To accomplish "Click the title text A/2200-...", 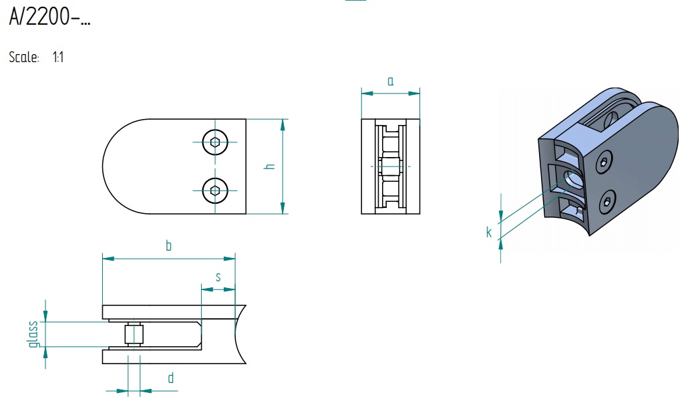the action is tap(49, 17).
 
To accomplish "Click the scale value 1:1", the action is tap(58, 57).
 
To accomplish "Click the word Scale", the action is tap(24, 57).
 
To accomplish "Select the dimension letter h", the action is tap(269, 166).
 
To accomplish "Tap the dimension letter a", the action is tap(390, 81).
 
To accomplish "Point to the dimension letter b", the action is tap(168, 245).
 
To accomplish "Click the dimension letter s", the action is tap(218, 277).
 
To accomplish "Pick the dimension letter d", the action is tap(170, 378).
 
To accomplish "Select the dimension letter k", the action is tap(489, 232).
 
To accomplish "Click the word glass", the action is tap(33, 334).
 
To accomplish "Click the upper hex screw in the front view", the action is tap(215, 142).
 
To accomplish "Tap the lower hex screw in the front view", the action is tap(215, 190).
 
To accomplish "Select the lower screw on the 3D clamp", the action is tap(607, 202).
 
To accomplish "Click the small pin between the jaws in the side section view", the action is tap(134, 334).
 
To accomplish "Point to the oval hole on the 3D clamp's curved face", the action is tap(574, 180).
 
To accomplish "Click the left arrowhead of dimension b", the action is tap(108, 258).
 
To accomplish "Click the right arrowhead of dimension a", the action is tap(414, 93).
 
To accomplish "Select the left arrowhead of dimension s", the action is tap(207, 289).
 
